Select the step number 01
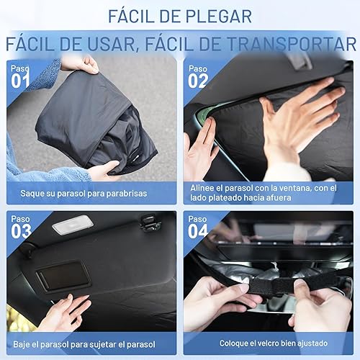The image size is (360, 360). click(20, 81)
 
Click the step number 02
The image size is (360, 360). click(199, 81)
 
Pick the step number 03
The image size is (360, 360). click(21, 232)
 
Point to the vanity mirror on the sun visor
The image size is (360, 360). click(65, 276)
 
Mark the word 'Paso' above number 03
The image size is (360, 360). click(19, 218)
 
